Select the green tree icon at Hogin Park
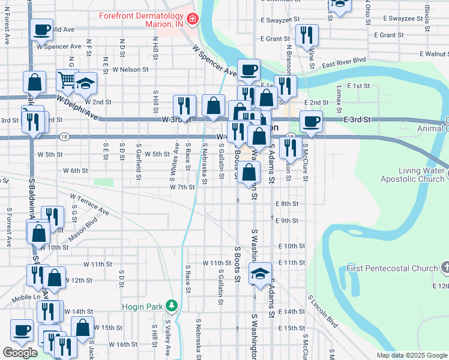click(172, 306)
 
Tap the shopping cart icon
click(67, 79)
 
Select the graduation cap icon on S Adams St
click(259, 273)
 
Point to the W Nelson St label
click(130, 70)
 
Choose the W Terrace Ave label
click(89, 204)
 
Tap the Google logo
click(20, 353)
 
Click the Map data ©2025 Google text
click(411, 355)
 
